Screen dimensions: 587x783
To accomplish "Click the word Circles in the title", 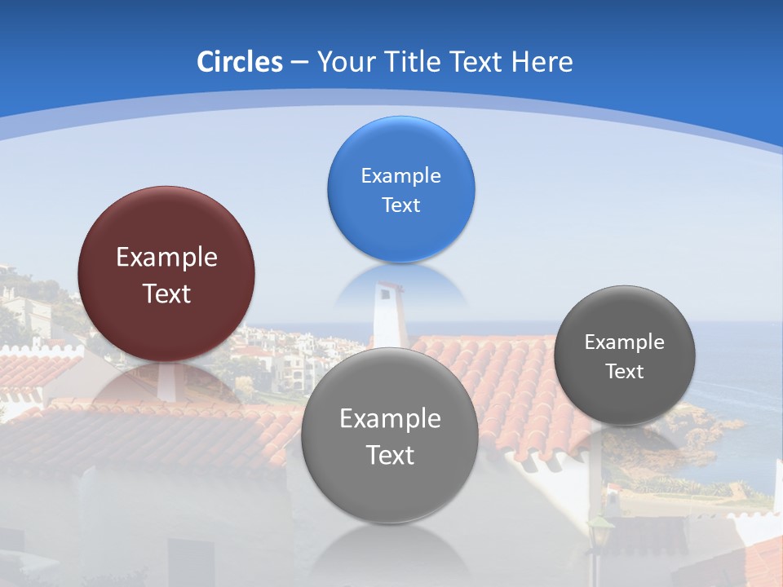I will tap(240, 62).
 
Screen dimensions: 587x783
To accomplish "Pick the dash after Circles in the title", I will tap(299, 63).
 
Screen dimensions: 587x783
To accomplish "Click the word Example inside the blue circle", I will tap(400, 176).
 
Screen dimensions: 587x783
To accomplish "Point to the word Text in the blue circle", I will tap(400, 205).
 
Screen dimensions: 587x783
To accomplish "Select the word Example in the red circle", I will tap(166, 258).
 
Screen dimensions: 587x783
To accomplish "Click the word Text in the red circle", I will tap(166, 293).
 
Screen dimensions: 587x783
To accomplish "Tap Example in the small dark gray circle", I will tap(625, 342).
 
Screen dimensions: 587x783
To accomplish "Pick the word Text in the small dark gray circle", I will tap(625, 372).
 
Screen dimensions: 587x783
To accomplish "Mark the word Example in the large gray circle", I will tap(390, 419).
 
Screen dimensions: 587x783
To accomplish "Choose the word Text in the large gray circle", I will tap(390, 455).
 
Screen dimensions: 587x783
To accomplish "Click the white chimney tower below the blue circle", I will tap(387, 314).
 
